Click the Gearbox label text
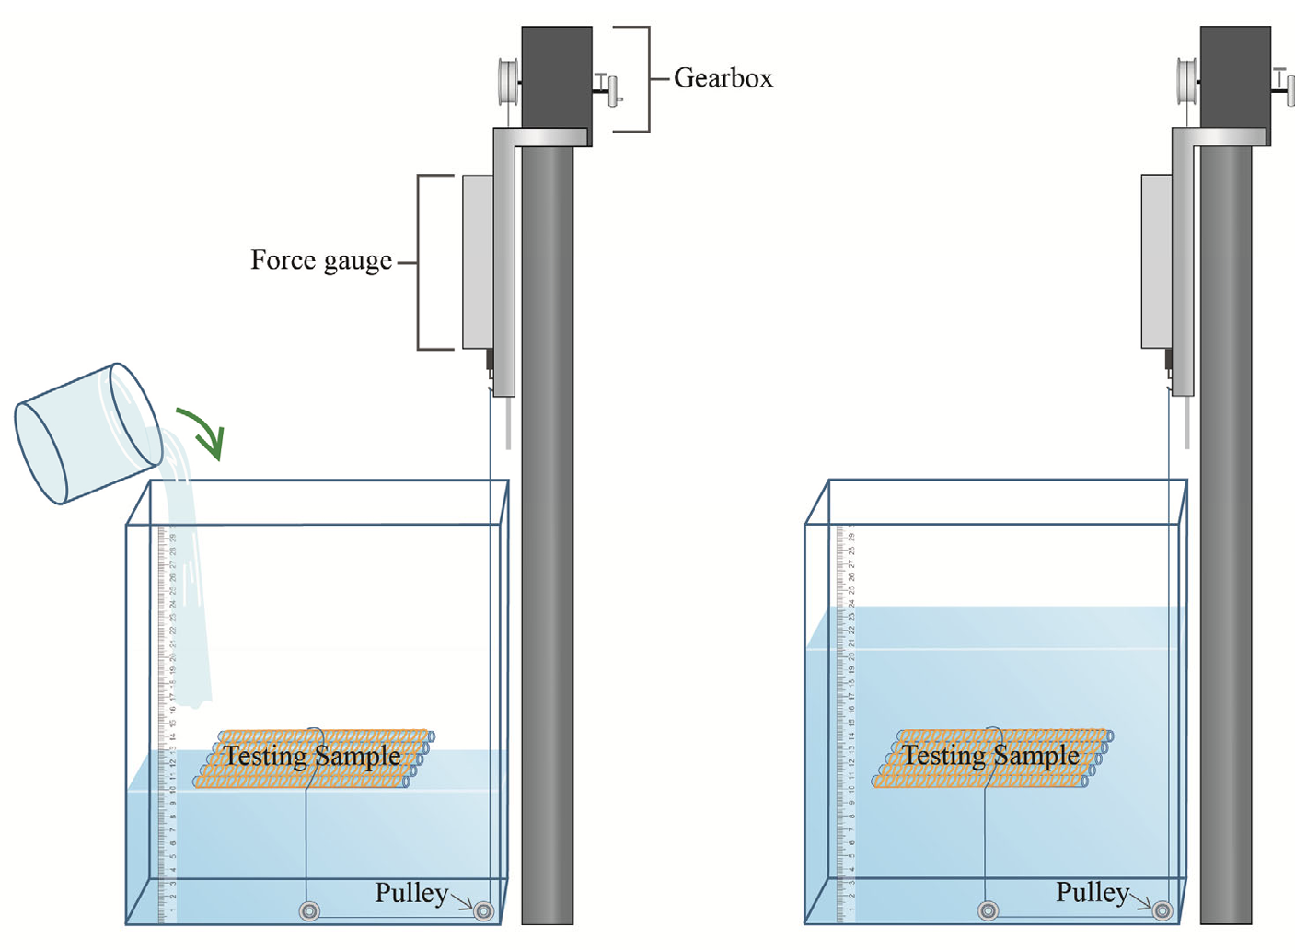tap(723, 78)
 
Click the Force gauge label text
tap(321, 261)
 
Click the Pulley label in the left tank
tap(411, 893)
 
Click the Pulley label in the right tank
tap(1093, 893)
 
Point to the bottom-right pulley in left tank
tap(483, 911)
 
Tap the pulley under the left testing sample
tap(309, 911)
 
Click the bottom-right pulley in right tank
tap(1162, 910)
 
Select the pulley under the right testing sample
tap(988, 910)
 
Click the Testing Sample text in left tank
tap(312, 757)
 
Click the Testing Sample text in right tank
tap(990, 756)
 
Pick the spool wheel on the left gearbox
tap(507, 82)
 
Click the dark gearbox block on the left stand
tap(556, 78)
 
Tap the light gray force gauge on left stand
tap(478, 261)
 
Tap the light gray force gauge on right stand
tap(1156, 261)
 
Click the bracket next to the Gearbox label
tap(645, 79)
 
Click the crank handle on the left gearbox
tap(611, 89)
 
